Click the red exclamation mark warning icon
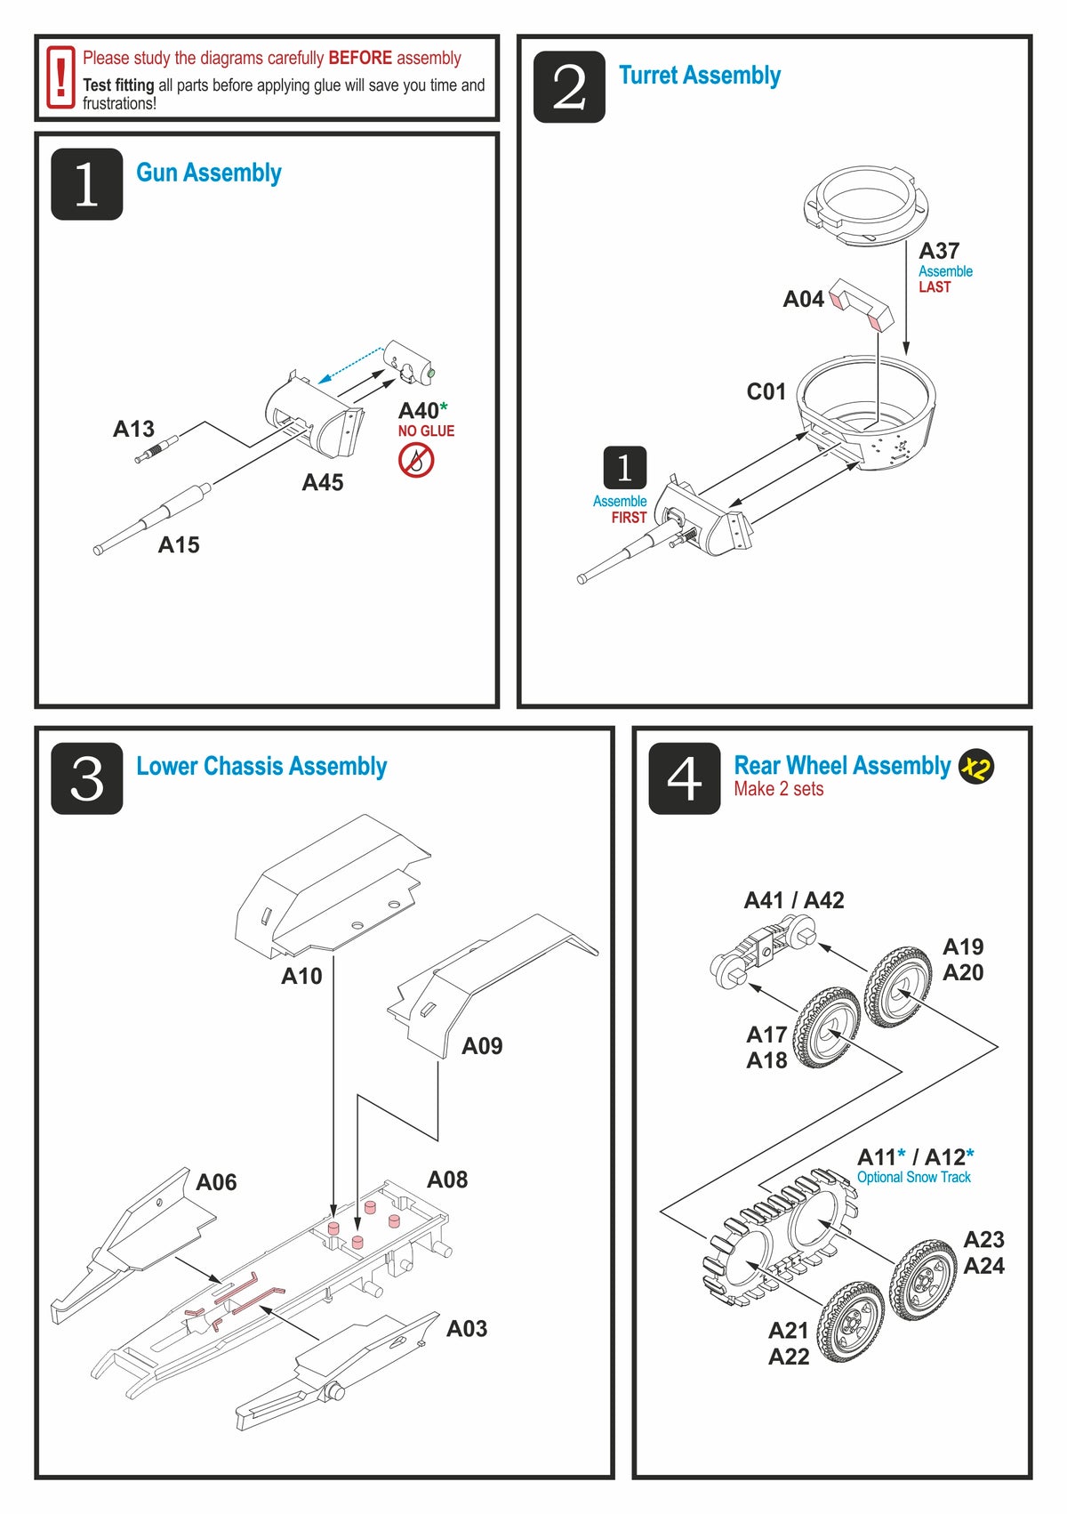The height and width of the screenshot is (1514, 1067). [x=60, y=78]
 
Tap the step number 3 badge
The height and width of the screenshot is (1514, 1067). [x=86, y=778]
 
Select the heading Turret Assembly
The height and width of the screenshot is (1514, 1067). [x=699, y=76]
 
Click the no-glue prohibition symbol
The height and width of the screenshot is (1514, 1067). [x=416, y=461]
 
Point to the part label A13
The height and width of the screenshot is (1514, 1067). [x=133, y=430]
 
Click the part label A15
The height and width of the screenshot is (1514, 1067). [x=179, y=545]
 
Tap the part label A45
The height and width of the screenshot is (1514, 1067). [x=323, y=483]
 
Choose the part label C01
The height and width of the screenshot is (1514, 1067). [x=766, y=392]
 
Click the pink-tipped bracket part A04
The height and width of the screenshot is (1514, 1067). [x=861, y=303]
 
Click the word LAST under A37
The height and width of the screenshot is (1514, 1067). [x=935, y=287]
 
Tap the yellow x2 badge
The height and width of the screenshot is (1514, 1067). [x=976, y=767]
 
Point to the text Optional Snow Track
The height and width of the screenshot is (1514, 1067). [x=913, y=1178]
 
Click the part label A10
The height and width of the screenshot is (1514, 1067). [x=301, y=977]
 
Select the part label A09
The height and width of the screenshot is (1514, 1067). [x=482, y=1047]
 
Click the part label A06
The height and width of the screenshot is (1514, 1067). [x=216, y=1182]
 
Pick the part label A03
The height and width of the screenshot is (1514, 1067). [x=467, y=1329]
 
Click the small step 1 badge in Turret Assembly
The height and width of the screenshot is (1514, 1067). [x=624, y=468]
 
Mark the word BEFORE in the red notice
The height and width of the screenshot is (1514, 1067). [x=360, y=59]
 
